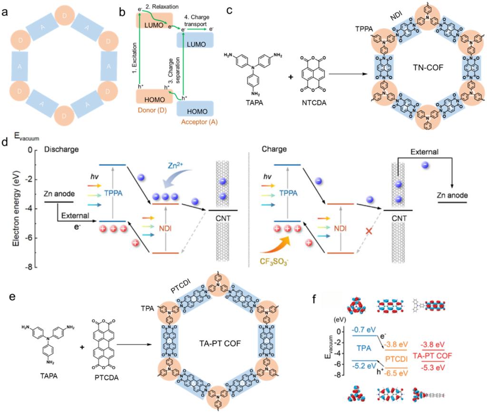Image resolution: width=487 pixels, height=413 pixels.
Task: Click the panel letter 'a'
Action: click(7, 10)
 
